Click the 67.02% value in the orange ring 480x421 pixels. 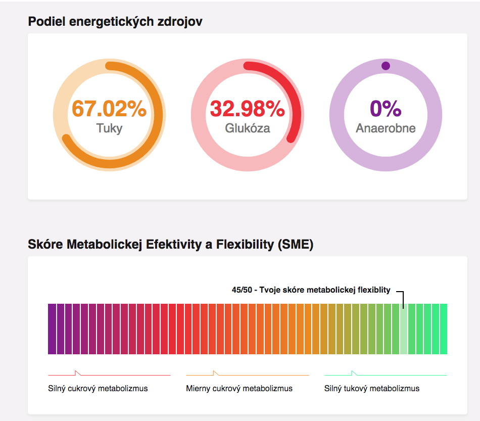pyautogui.click(x=109, y=109)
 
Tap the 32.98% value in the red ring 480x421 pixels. pyautogui.click(x=247, y=109)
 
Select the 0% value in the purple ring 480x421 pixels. pyautogui.click(x=386, y=109)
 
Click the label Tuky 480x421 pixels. pyautogui.click(x=109, y=128)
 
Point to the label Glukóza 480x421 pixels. pyautogui.click(x=247, y=128)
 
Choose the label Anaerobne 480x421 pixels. pyautogui.click(x=386, y=128)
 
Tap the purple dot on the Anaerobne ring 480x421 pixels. pyautogui.click(x=386, y=66)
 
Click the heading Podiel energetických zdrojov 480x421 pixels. pyautogui.click(x=116, y=22)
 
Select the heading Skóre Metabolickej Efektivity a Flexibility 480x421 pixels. pyautogui.click(x=171, y=245)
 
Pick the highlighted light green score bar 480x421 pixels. pyautogui.click(x=403, y=329)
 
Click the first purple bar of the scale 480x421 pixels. pyautogui.click(x=52, y=329)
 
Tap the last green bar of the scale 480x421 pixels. pyautogui.click(x=444, y=329)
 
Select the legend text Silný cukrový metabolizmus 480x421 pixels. pyautogui.click(x=98, y=389)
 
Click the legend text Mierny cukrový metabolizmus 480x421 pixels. pyautogui.click(x=239, y=389)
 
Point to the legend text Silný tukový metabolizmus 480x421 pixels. pyautogui.click(x=372, y=389)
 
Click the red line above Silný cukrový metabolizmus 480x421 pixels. pyautogui.click(x=109, y=375)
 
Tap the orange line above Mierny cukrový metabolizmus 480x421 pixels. pyautogui.click(x=247, y=375)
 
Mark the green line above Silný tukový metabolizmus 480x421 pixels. pyautogui.click(x=386, y=375)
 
